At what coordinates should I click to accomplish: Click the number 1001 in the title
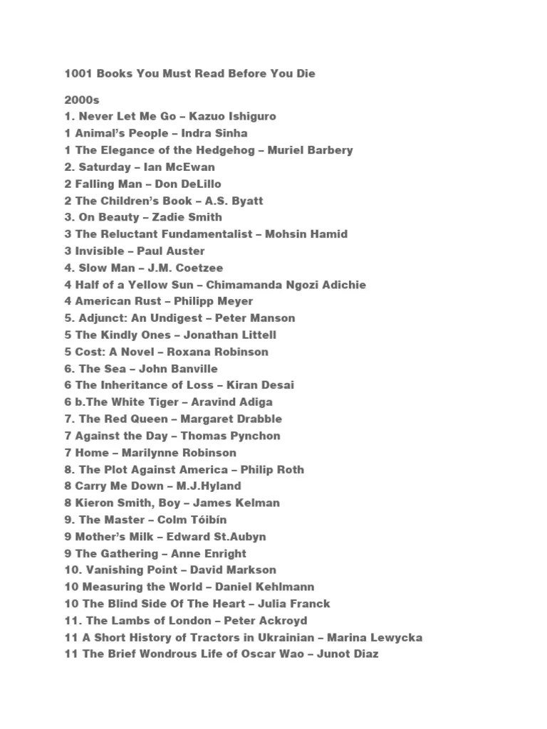coord(78,74)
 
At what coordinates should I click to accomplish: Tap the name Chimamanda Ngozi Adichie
coord(286,285)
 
